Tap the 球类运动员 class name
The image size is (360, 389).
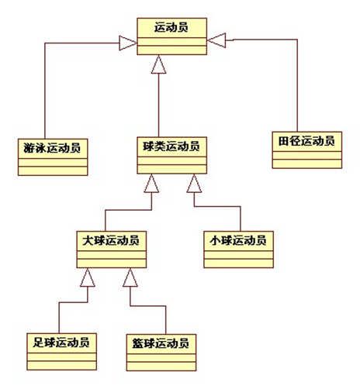click(x=173, y=146)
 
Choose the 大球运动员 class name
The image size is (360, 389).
click(x=112, y=240)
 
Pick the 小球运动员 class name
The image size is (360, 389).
click(x=238, y=240)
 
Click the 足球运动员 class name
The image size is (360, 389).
click(x=61, y=341)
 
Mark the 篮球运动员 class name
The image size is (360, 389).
click(x=158, y=341)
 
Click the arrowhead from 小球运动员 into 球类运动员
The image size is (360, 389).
click(x=194, y=184)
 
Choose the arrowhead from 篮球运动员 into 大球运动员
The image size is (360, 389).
click(x=130, y=275)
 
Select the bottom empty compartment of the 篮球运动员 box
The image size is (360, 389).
click(x=158, y=363)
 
